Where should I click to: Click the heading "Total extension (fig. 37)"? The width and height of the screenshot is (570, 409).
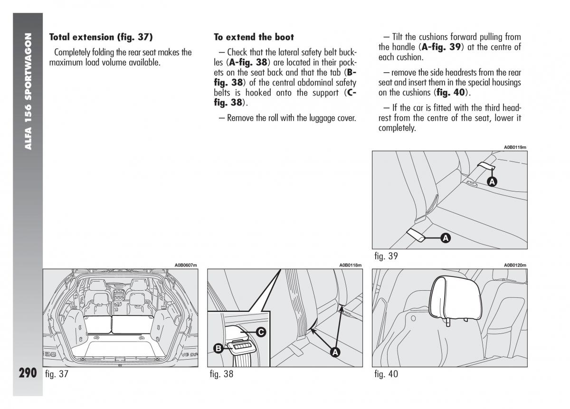101,37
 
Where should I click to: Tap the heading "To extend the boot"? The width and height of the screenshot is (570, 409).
254,37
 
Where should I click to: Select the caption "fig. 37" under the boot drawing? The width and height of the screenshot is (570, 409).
57,374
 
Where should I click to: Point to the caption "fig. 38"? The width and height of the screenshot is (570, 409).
221,374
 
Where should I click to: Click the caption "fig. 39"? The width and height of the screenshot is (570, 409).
386,256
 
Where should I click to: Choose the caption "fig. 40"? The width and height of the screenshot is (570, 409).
386,374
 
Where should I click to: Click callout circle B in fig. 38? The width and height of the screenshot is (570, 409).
218,349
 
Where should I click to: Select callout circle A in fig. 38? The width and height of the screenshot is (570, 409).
335,352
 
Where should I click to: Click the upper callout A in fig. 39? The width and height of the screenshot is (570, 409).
492,181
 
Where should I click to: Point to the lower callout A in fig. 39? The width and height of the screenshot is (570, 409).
445,239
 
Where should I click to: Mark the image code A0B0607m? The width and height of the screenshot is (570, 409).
186,265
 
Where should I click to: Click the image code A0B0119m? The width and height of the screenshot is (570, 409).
515,147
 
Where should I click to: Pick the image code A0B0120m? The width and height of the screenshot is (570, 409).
515,265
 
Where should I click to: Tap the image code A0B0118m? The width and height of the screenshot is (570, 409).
351,265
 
